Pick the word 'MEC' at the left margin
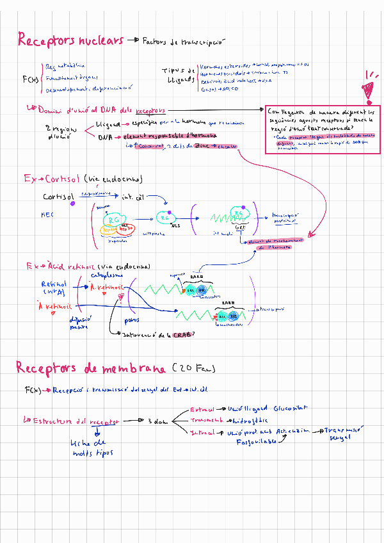[47, 215]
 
